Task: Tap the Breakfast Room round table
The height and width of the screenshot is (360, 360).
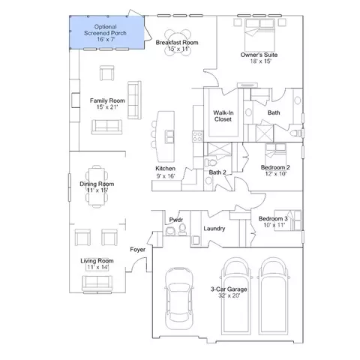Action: [x=178, y=43]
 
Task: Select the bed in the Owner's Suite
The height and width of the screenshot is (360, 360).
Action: [x=260, y=35]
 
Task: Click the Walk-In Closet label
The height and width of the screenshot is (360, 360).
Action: [x=223, y=116]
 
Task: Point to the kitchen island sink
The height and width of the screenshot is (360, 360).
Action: [x=170, y=136]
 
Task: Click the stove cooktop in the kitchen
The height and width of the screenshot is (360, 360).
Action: [x=198, y=136]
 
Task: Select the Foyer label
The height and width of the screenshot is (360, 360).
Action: [x=137, y=250]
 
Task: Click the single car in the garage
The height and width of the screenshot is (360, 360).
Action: [x=179, y=298]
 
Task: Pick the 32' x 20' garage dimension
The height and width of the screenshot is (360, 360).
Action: [x=229, y=295]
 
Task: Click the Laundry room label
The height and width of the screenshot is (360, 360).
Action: [x=214, y=228]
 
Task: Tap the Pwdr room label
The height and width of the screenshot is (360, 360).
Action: [x=176, y=220]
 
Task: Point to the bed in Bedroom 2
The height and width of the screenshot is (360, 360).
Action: [x=275, y=154]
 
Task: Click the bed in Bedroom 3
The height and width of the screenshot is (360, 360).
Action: [x=288, y=220]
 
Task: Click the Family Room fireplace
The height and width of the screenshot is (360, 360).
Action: [x=76, y=100]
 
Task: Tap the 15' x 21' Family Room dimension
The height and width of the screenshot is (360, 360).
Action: [x=107, y=107]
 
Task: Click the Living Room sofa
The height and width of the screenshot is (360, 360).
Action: [x=97, y=283]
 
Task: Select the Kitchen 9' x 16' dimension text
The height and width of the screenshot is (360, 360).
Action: [x=166, y=176]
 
